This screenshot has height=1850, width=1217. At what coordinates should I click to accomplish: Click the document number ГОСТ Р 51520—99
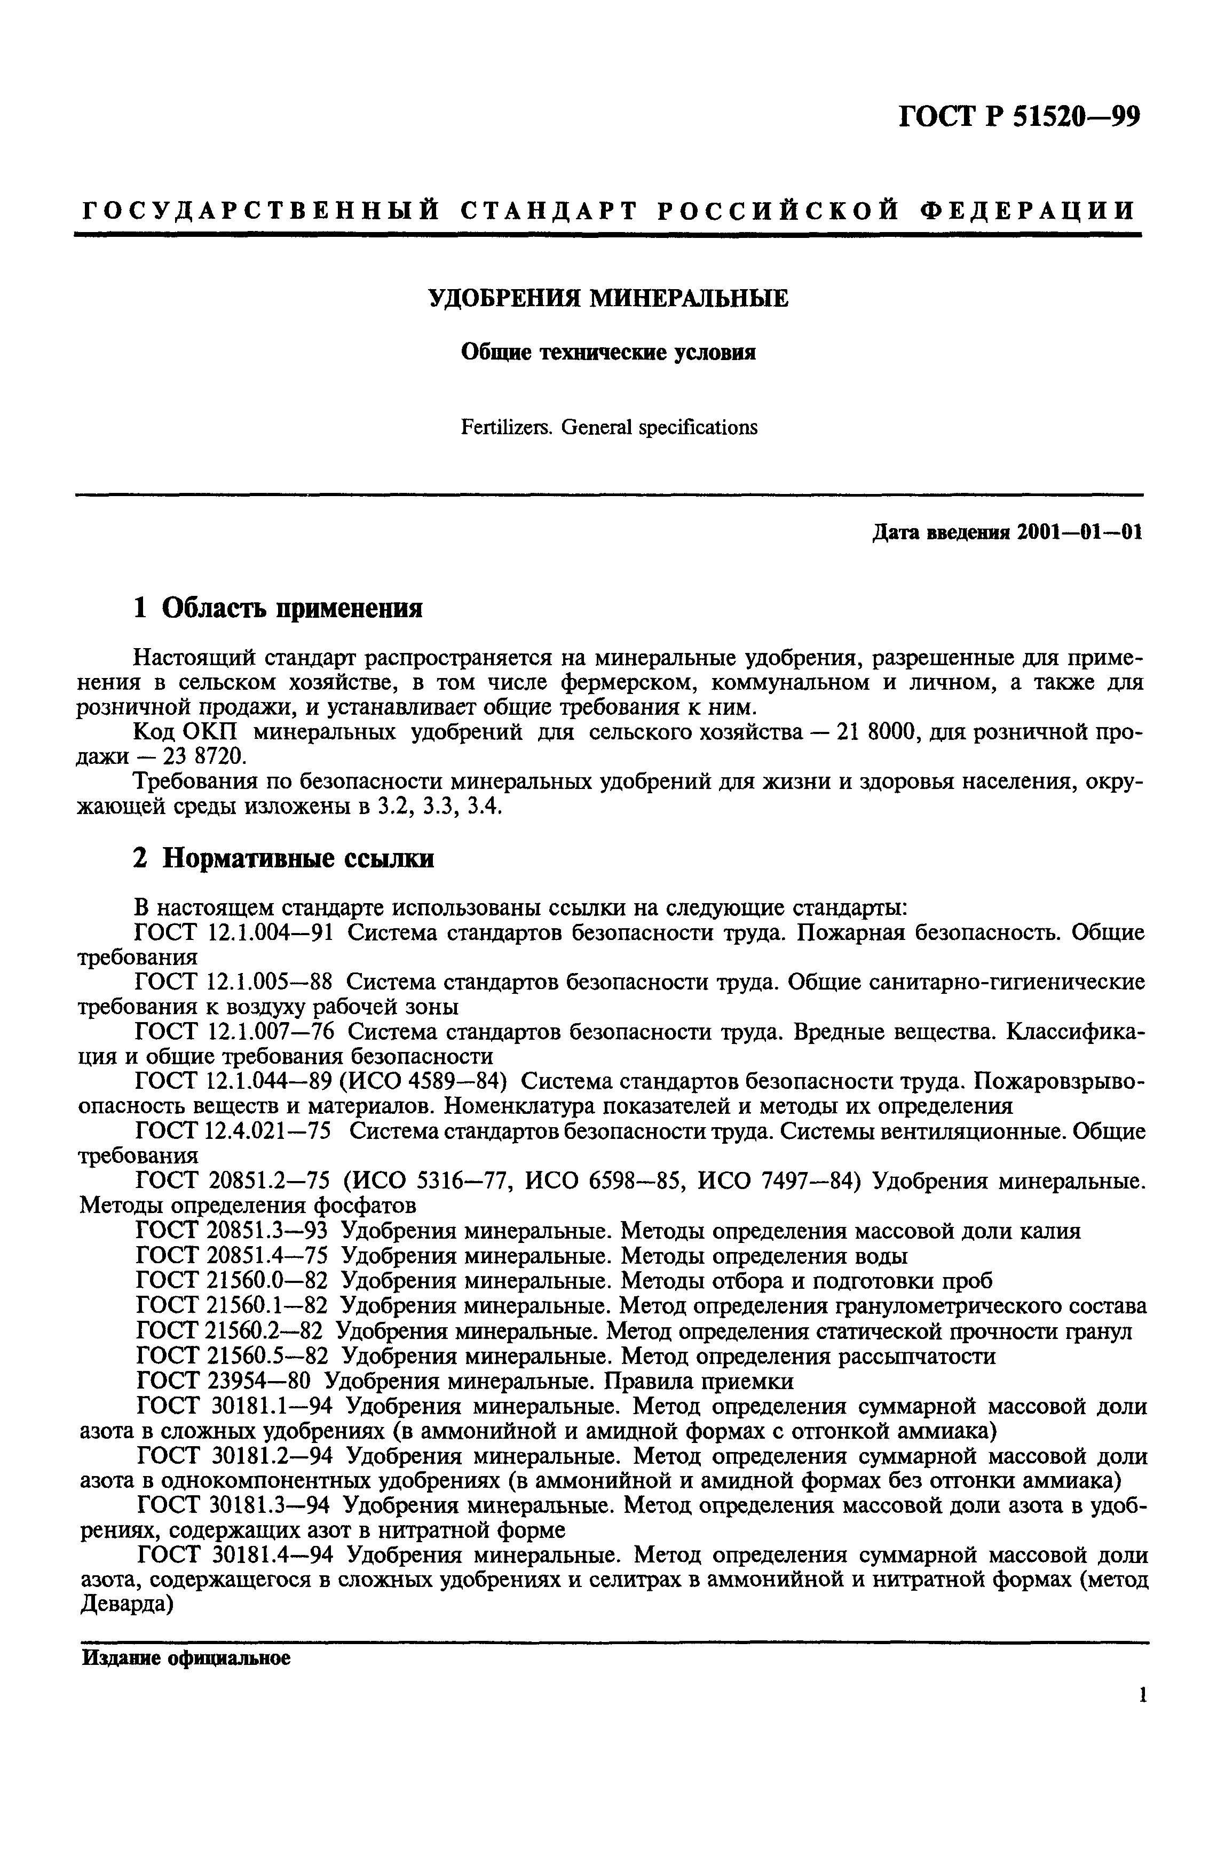1020,117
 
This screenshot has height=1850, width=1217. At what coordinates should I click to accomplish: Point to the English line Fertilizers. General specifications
609,427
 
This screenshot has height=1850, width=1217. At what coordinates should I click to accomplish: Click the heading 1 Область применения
278,608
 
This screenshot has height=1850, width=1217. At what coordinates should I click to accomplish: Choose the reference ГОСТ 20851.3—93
232,1231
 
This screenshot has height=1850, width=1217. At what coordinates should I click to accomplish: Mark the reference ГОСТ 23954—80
224,1381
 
